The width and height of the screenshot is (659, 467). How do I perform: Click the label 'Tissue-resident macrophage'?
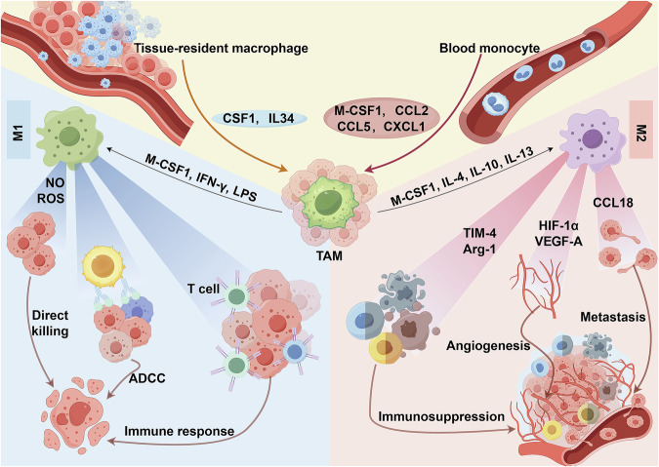point(221,48)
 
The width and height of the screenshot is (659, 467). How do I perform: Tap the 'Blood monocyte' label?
point(490,48)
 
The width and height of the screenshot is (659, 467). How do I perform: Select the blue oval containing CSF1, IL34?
point(259,118)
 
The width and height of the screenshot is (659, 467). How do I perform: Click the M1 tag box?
point(19,130)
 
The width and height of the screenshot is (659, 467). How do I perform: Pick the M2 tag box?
point(640,130)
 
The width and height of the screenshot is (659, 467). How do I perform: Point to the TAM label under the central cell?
point(329,255)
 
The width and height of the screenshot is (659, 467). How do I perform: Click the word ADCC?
point(147,378)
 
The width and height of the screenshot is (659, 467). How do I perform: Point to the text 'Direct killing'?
point(50,323)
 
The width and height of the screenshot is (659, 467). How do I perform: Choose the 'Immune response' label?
point(179,431)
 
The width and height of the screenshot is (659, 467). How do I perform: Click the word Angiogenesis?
point(488,346)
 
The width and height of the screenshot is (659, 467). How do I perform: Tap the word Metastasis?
point(613,317)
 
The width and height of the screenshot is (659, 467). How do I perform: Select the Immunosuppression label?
point(441,416)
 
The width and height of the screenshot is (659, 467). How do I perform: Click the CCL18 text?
point(613,203)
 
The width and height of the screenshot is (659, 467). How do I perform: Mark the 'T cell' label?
point(203,289)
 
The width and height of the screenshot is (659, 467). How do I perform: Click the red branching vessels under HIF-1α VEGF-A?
point(534,286)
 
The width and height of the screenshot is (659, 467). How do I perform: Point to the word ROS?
point(51,198)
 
